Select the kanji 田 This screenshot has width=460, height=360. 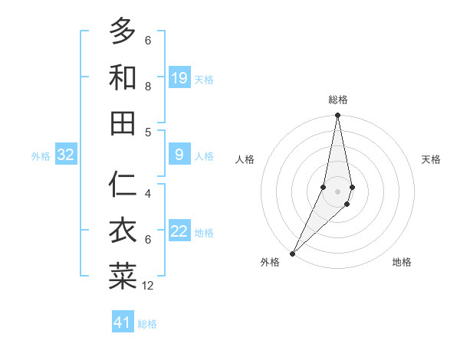(123, 123)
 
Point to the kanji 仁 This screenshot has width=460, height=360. (123, 185)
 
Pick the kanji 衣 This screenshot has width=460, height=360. (123, 231)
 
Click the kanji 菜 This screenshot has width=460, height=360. (123, 277)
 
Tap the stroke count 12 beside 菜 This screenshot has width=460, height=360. (148, 286)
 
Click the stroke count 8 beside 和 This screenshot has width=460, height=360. (148, 87)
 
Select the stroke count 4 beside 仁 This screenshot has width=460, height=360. (148, 194)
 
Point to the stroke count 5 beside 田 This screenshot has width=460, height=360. (148, 132)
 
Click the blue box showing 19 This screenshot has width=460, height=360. (179, 78)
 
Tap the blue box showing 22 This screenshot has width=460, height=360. (179, 232)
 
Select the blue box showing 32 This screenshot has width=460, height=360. (66, 155)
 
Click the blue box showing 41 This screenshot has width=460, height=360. (123, 322)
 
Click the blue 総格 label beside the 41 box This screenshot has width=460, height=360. (148, 324)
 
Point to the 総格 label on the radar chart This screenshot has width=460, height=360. (338, 100)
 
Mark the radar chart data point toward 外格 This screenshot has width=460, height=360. (292, 253)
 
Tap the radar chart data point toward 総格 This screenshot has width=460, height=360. (337, 116)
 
